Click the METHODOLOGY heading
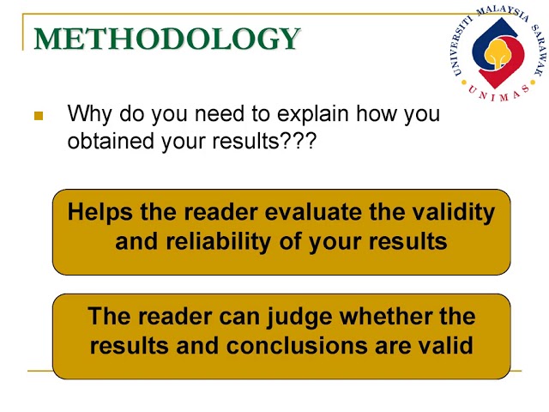coord(167,39)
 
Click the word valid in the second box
coord(443,346)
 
